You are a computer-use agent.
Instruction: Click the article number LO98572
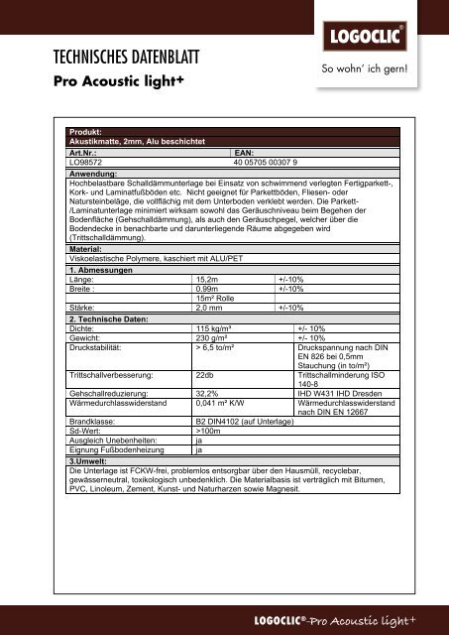coord(86,163)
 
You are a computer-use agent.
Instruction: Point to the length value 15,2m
coord(210,281)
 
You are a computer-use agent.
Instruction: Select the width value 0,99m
coord(210,290)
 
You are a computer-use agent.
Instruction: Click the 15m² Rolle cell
coord(219,299)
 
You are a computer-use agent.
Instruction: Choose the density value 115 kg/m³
coord(217,326)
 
